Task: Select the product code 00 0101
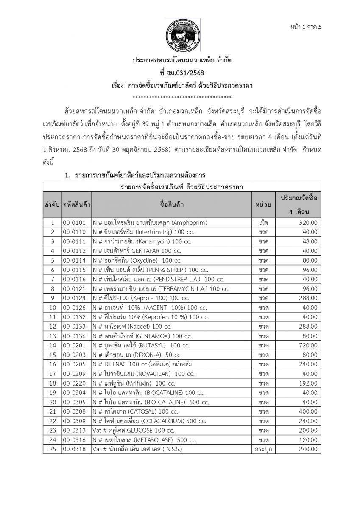74,222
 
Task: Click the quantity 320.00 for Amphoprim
307,222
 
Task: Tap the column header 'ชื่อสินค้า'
172,205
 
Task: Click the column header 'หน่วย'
263,205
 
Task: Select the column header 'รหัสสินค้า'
76,205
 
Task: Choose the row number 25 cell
53,449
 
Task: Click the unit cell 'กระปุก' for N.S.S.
263,449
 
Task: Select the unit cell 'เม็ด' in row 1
263,222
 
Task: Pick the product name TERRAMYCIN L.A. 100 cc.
161,289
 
